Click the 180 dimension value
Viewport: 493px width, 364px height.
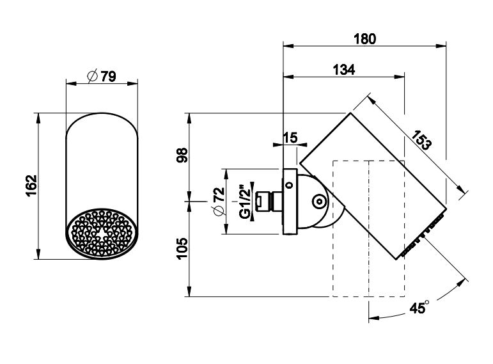pyautogui.click(x=365, y=38)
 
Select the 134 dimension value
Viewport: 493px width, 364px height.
pyautogui.click(x=344, y=69)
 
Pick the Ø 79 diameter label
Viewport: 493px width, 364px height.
pyautogui.click(x=102, y=77)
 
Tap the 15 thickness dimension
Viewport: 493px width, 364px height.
pyautogui.click(x=290, y=137)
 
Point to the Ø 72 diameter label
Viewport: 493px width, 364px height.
pyautogui.click(x=217, y=202)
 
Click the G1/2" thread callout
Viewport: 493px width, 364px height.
pyautogui.click(x=244, y=202)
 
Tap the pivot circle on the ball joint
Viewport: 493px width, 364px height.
pyautogui.click(x=318, y=202)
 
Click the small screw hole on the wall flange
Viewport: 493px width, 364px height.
pyautogui.click(x=289, y=185)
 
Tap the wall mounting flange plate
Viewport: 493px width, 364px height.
pyautogui.click(x=290, y=202)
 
